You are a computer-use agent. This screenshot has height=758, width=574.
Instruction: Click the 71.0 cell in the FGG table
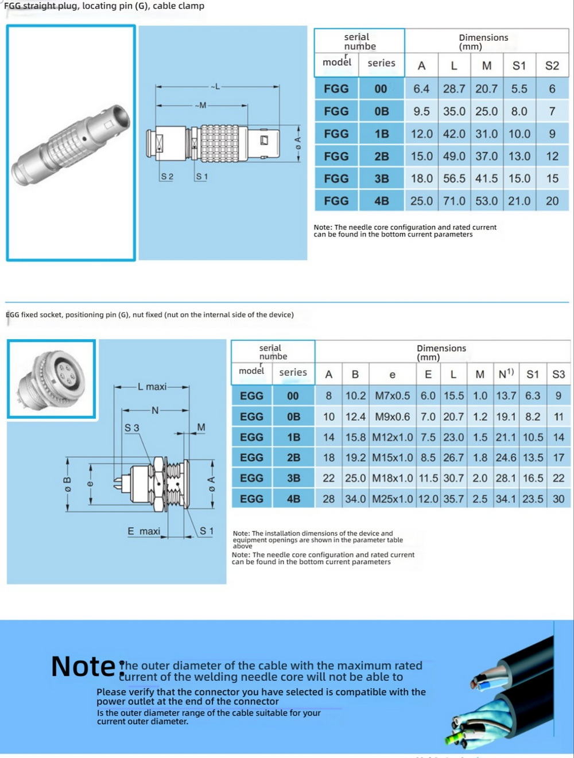pyautogui.click(x=454, y=201)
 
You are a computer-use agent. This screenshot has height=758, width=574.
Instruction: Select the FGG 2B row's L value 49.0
pyautogui.click(x=454, y=156)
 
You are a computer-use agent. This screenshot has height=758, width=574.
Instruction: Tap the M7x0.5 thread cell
pyautogui.click(x=392, y=396)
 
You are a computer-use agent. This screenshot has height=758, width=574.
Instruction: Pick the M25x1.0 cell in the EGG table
pyautogui.click(x=392, y=499)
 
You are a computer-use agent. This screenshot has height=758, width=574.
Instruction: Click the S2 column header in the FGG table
pyautogui.click(x=552, y=65)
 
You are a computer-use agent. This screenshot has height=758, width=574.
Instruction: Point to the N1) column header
pyautogui.click(x=506, y=374)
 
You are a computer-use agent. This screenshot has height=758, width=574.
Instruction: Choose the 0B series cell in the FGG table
pyautogui.click(x=381, y=111)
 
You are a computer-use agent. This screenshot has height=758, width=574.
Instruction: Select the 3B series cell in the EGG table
pyautogui.click(x=293, y=478)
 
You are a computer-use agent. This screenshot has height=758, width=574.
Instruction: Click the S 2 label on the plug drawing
pyautogui.click(x=167, y=177)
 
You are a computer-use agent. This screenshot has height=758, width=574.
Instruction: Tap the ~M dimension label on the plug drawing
pyautogui.click(x=200, y=106)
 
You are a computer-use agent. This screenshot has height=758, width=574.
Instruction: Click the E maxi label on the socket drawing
pyautogui.click(x=143, y=531)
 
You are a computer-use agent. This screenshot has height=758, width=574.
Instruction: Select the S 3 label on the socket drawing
pyautogui.click(x=131, y=428)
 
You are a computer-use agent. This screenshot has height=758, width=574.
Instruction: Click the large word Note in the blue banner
pyautogui.click(x=84, y=667)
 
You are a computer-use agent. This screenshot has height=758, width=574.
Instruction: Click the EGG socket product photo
pyautogui.click(x=52, y=378)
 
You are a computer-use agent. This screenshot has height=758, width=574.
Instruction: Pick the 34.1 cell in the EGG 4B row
pyautogui.click(x=506, y=499)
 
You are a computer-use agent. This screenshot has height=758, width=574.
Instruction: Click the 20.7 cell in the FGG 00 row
pyautogui.click(x=486, y=89)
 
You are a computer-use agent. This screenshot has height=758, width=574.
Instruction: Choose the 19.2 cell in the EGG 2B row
pyautogui.click(x=355, y=457)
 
